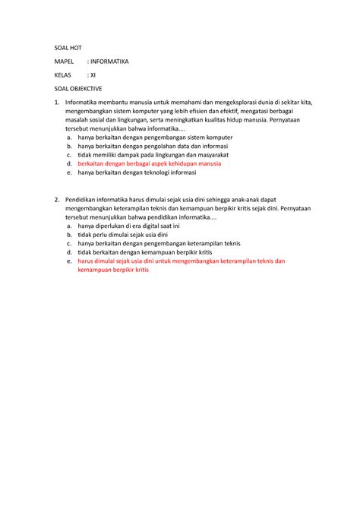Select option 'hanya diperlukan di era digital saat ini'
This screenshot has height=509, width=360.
click(128, 225)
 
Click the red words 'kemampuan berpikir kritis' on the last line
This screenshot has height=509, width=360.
click(113, 270)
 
